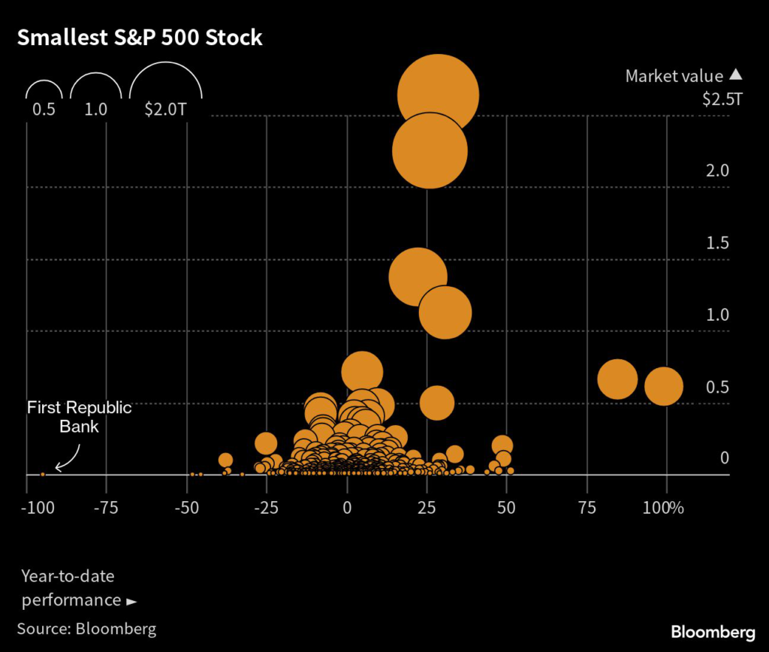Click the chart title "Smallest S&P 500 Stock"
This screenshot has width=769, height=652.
pyautogui.click(x=140, y=38)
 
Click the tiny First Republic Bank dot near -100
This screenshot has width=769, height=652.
pyautogui.click(x=43, y=474)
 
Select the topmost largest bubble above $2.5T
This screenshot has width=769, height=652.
pyautogui.click(x=438, y=95)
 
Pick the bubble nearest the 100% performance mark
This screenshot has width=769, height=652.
pyautogui.click(x=664, y=386)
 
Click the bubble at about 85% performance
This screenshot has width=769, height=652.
pyautogui.click(x=617, y=379)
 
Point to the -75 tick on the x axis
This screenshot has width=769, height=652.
pyautogui.click(x=106, y=507)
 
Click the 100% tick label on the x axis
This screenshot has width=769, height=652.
pyautogui.click(x=665, y=507)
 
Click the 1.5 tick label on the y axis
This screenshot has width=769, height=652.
pyautogui.click(x=717, y=243)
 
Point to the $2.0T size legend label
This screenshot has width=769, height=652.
pyautogui.click(x=164, y=109)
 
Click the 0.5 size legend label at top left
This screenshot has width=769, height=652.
pyautogui.click(x=43, y=109)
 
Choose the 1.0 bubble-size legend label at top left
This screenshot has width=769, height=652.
pyautogui.click(x=95, y=109)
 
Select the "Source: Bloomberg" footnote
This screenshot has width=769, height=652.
pyautogui.click(x=86, y=628)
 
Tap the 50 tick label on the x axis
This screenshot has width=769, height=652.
pyautogui.click(x=506, y=507)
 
